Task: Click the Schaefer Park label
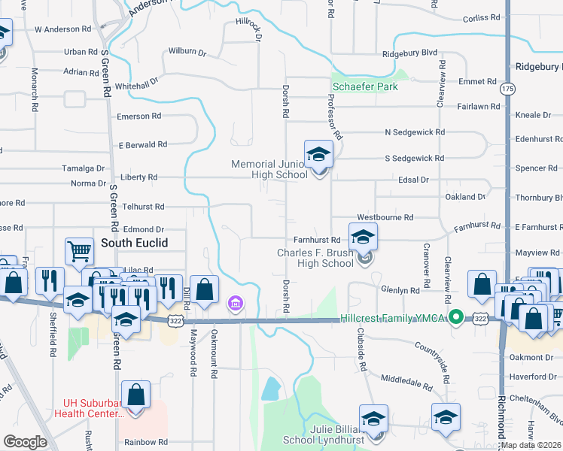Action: [x=365, y=86]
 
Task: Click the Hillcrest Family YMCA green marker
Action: [x=455, y=318]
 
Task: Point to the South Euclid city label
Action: [x=134, y=243]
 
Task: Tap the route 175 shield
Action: [x=507, y=89]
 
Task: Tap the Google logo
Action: [x=25, y=442]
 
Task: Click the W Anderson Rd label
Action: [x=62, y=29]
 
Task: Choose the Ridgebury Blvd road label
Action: [x=409, y=53]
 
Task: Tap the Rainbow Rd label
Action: [x=146, y=442]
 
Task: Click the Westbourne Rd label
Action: [x=385, y=217]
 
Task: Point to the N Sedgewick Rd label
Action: [x=414, y=132]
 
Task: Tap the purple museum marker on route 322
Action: [x=236, y=304]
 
